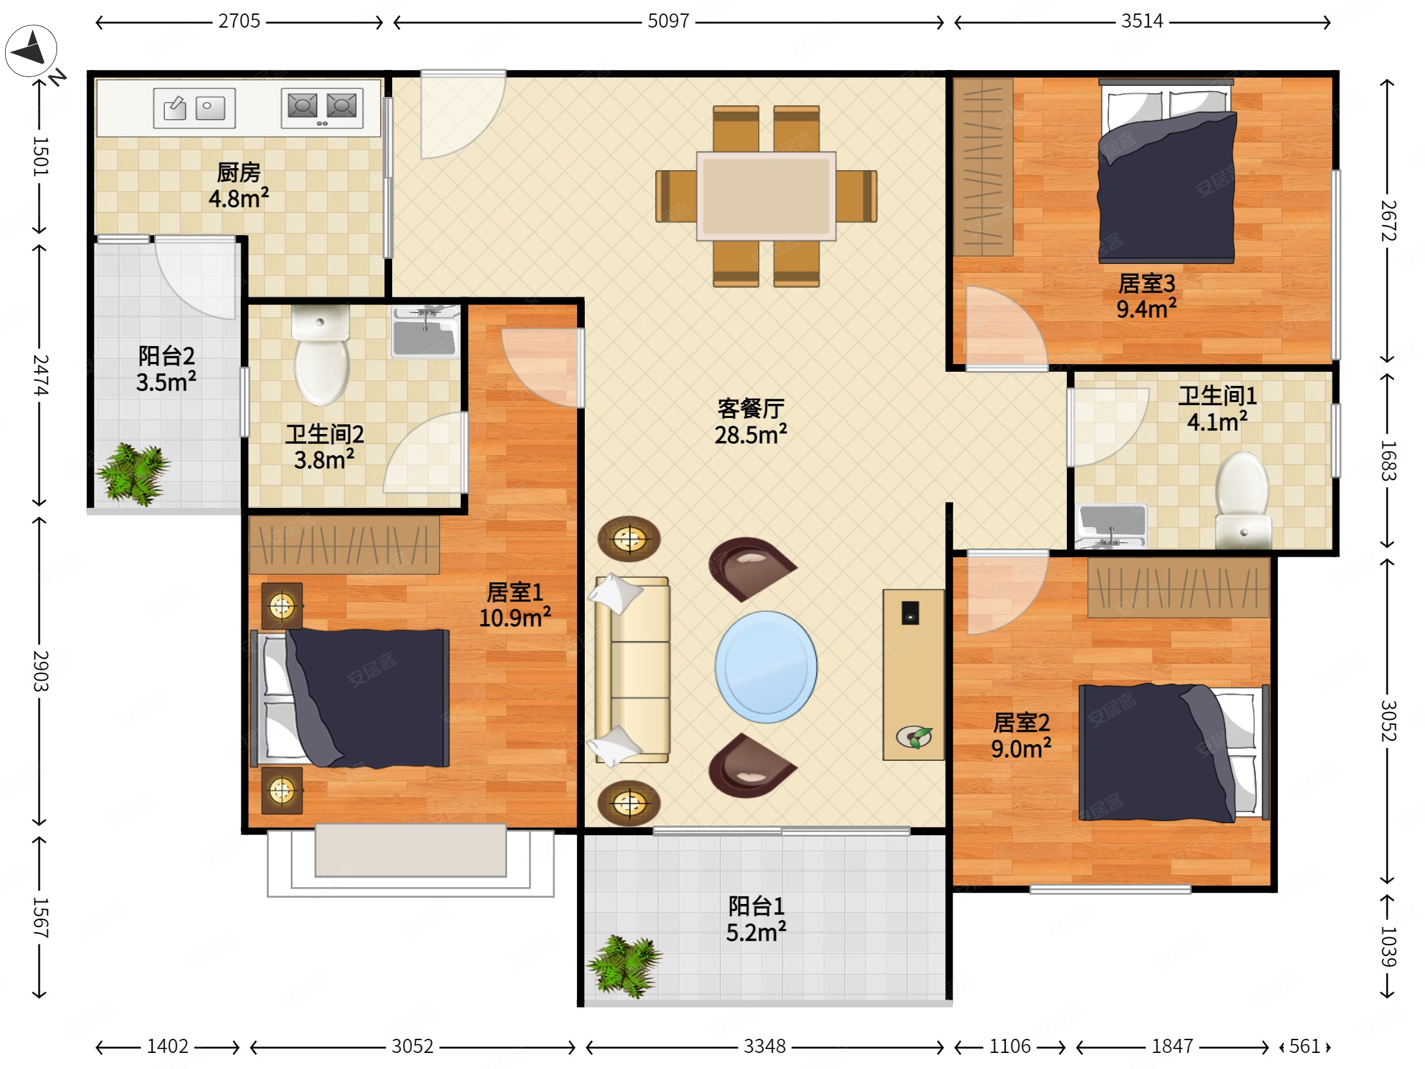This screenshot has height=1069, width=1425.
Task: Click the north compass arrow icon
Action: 31,50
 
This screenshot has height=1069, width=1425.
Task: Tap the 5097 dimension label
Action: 668,21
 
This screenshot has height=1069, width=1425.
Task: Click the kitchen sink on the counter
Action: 194,108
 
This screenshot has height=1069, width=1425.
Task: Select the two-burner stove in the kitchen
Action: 322,108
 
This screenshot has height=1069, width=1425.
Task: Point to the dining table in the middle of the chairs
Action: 766,196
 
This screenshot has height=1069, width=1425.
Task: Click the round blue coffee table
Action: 766,666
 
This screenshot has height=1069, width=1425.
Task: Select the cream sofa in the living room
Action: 632,670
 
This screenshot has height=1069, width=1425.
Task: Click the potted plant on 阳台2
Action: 134,473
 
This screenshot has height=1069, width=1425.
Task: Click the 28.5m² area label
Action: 750,435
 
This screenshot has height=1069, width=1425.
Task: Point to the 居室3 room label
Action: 1146,284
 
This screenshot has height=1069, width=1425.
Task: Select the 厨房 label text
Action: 238,172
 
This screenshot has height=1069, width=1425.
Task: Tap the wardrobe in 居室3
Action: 983,167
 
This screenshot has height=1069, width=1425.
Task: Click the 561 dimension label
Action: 1304,1046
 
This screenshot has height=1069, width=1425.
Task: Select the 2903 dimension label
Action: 40,671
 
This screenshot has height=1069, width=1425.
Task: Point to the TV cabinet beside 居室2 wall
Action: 913,675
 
